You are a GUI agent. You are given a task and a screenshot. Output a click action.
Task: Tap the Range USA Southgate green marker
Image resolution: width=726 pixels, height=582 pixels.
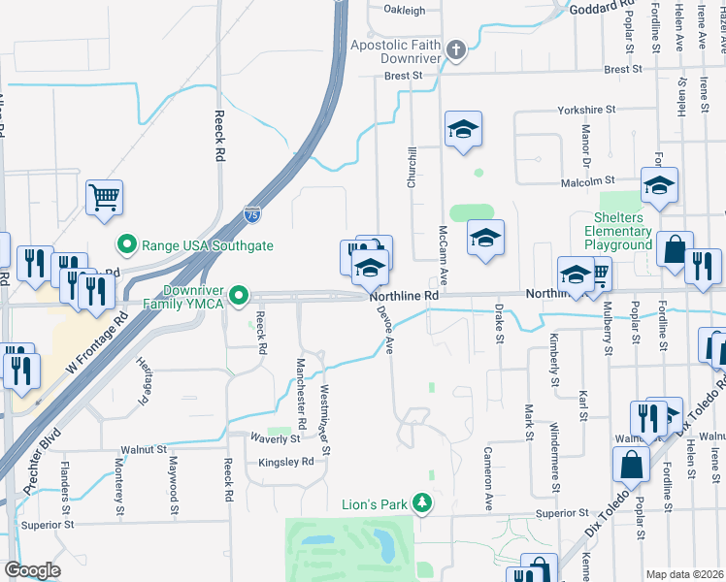pos(125,244)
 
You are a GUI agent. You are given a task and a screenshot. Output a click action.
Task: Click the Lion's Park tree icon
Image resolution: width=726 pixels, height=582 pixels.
pos(421,502)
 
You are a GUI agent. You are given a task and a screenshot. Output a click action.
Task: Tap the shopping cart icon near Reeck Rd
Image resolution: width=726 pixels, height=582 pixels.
pos(104,198)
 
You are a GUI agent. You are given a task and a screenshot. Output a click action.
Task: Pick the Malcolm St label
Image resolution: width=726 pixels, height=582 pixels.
pos(588,180)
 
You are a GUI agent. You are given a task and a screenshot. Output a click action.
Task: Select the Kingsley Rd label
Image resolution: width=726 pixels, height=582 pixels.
pos(285,463)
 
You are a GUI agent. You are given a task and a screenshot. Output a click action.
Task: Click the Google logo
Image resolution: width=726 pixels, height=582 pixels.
pos(33,570)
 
